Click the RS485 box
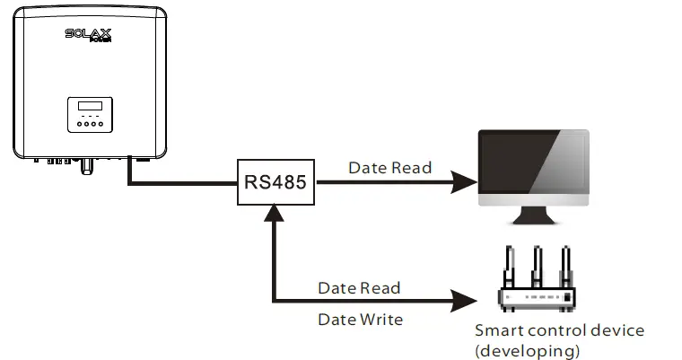(x=275, y=182)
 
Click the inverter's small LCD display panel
(x=89, y=107)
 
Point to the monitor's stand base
(x=533, y=221)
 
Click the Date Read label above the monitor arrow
(x=389, y=168)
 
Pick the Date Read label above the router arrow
(x=359, y=288)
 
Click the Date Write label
(x=360, y=319)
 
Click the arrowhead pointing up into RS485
(x=272, y=212)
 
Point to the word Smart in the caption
(x=498, y=330)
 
